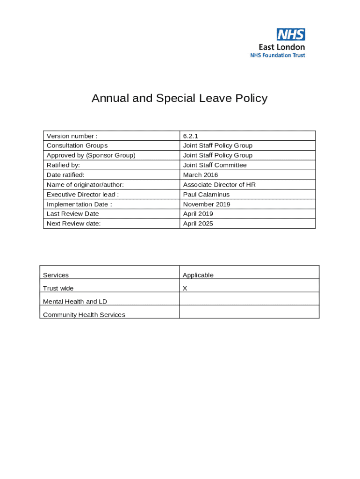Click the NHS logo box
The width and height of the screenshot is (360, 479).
point(291,34)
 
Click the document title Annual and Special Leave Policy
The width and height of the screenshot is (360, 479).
point(180,98)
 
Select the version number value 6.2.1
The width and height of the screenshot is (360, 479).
point(191,136)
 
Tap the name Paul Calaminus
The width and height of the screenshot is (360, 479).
point(206,195)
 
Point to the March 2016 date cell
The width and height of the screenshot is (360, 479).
point(201,175)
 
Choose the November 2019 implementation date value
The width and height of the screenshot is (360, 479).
point(207,204)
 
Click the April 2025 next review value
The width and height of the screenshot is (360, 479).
point(198,224)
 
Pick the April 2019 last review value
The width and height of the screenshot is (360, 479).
point(198,214)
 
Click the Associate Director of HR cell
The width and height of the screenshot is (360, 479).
point(219,185)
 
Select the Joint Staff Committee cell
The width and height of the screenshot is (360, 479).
point(215,165)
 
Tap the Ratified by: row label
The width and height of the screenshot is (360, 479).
point(63,165)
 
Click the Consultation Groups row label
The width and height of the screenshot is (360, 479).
point(77,145)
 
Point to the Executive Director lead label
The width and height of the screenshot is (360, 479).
point(83,195)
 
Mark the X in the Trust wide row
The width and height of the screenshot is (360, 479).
point(185,289)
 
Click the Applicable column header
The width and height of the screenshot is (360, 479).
point(198,275)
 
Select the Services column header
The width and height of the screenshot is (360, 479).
point(56,275)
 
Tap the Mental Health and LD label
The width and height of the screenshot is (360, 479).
point(75,302)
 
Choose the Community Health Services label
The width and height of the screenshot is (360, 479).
point(84,315)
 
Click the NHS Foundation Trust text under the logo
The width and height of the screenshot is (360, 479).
point(278,55)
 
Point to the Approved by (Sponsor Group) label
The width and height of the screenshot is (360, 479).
point(91,155)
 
